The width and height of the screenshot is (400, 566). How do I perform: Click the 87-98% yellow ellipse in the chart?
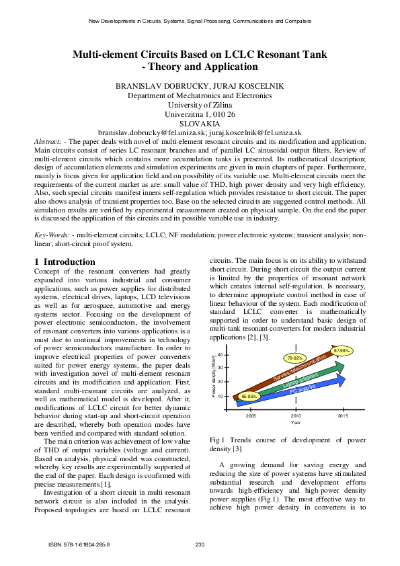[x=342, y=351]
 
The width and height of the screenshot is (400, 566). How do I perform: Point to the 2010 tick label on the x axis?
[x=296, y=416]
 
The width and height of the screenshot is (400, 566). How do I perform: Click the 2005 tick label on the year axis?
[x=250, y=416]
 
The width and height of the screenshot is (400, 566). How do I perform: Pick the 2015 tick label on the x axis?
[x=343, y=416]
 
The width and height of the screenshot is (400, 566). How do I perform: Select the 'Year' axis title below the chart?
[x=296, y=423]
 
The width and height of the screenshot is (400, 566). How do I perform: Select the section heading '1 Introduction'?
[x=65, y=261]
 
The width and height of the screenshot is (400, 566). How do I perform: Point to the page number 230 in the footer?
[x=200, y=544]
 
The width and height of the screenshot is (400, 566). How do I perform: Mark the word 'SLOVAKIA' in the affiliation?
[x=200, y=124]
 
